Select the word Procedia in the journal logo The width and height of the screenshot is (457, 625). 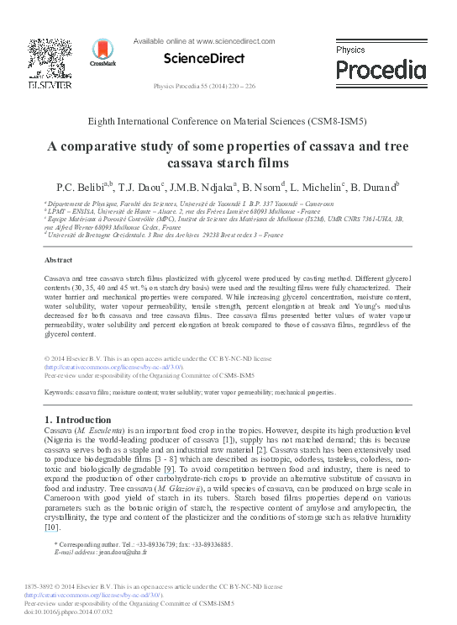[380, 68]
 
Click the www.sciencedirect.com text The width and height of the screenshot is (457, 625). [236, 40]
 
